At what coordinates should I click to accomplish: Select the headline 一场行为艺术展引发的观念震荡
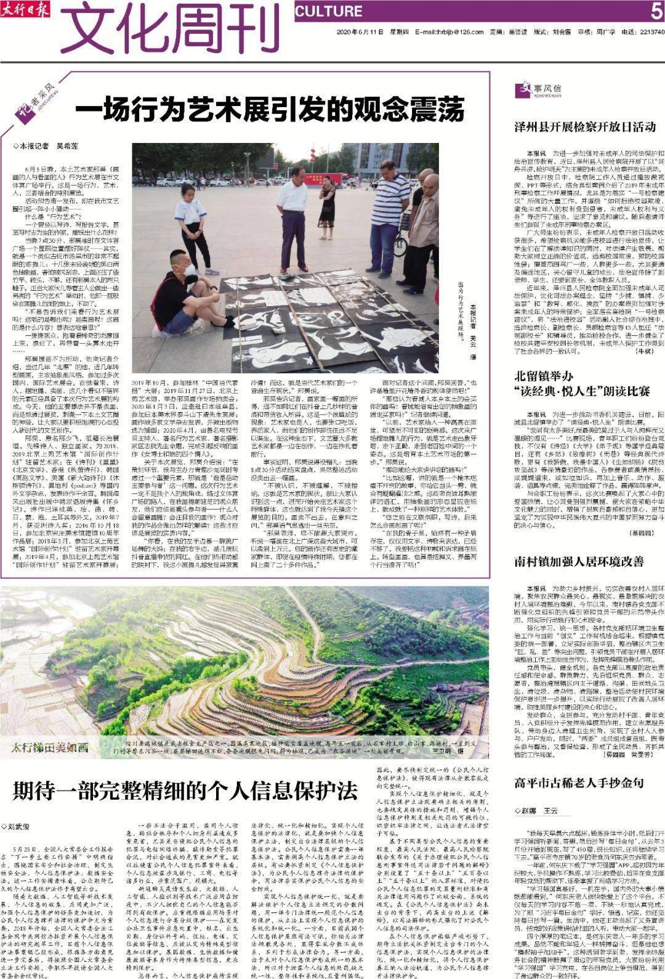[x=270, y=111]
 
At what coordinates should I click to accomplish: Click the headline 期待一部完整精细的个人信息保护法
[x=185, y=790]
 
